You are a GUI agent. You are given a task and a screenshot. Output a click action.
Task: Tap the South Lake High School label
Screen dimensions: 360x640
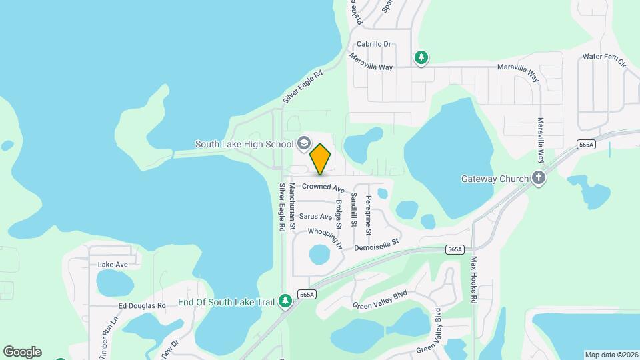pos(244,144)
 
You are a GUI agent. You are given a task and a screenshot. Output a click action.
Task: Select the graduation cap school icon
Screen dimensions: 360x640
pos(304,143)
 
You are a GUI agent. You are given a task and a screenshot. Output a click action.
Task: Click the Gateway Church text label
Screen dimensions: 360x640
pos(495,179)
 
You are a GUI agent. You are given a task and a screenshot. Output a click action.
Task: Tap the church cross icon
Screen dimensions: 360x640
pos(539,178)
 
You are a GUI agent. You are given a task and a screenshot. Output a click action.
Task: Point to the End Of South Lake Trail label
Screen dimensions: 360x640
pos(227,302)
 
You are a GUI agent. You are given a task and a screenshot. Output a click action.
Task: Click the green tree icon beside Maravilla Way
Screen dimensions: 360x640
pos(421,58)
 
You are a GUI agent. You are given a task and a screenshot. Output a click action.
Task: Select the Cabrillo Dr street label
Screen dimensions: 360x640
pos(373,45)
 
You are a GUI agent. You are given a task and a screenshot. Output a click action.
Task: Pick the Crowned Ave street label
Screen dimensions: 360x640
pos(323,188)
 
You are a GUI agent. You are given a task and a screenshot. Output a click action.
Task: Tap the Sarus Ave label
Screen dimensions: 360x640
pos(315,217)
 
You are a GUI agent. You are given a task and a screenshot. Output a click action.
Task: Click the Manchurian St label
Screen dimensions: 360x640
pos(293,208)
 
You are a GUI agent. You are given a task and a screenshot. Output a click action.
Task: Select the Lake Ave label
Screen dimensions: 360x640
pos(113,265)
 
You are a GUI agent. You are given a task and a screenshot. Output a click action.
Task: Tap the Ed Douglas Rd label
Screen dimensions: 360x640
pos(142,306)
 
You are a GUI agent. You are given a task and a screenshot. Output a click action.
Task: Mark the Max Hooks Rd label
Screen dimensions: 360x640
pos(474,280)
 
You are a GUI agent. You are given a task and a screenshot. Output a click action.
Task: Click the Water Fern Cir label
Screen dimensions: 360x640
pos(604,60)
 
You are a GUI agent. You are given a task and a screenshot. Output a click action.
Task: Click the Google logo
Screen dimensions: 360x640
pos(22,352)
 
